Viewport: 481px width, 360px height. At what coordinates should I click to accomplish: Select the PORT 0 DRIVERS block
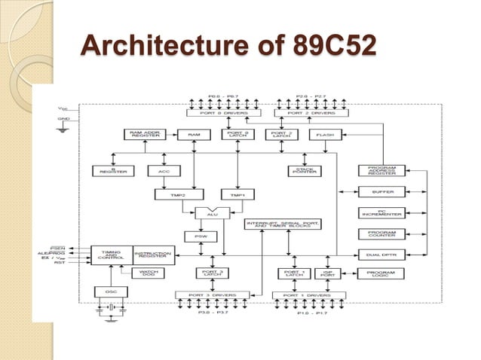click(x=225, y=113)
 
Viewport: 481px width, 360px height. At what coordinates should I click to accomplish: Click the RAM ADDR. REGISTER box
click(x=145, y=135)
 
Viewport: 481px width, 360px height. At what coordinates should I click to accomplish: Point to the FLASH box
click(x=325, y=135)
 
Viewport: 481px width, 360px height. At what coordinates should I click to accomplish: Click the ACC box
click(x=164, y=171)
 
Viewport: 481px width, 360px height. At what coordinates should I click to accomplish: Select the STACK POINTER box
click(x=303, y=171)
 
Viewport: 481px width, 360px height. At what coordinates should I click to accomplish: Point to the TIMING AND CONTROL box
click(x=111, y=254)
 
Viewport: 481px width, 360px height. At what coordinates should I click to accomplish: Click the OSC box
click(x=110, y=291)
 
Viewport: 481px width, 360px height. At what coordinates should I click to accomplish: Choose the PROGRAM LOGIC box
click(x=381, y=273)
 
